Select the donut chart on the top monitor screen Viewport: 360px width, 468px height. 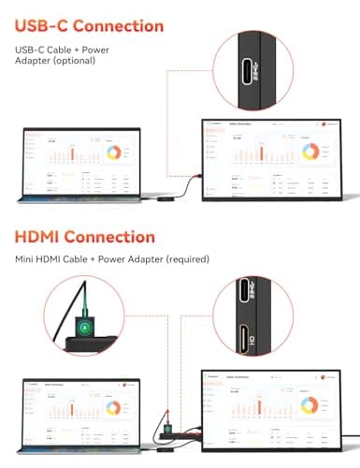pyautogui.click(x=311, y=150)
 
